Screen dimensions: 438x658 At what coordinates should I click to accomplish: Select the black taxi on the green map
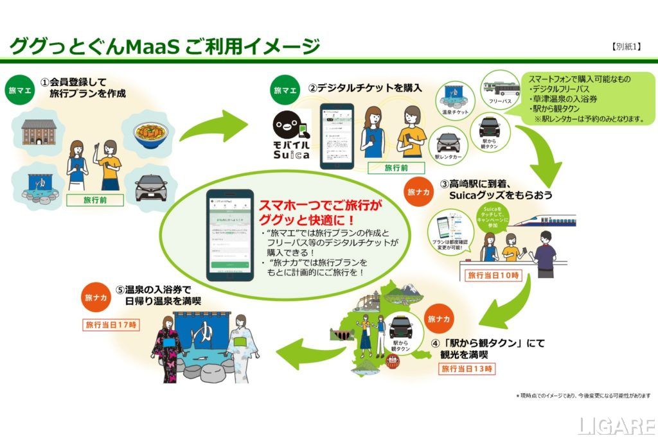coord(404,326)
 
